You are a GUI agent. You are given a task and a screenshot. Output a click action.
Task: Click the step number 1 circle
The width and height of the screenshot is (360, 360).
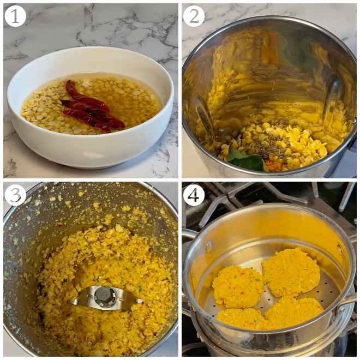(15, 16)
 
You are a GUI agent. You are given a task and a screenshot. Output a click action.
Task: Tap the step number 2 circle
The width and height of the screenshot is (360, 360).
(194, 16)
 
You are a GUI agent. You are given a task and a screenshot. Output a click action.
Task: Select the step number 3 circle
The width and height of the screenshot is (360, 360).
(15, 195)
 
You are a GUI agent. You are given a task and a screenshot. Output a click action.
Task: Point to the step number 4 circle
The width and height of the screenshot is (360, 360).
(194, 195)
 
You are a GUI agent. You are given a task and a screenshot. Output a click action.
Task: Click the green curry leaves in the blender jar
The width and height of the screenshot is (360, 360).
(245, 160)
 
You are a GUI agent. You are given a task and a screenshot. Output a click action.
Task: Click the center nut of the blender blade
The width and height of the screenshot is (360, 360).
(104, 296)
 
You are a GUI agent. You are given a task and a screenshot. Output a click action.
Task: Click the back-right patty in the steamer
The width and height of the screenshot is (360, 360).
(291, 271)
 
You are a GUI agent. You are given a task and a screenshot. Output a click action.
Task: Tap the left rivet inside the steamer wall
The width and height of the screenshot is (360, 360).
(209, 247)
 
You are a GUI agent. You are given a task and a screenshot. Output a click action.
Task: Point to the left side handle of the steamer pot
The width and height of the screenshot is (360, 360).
(188, 235)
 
